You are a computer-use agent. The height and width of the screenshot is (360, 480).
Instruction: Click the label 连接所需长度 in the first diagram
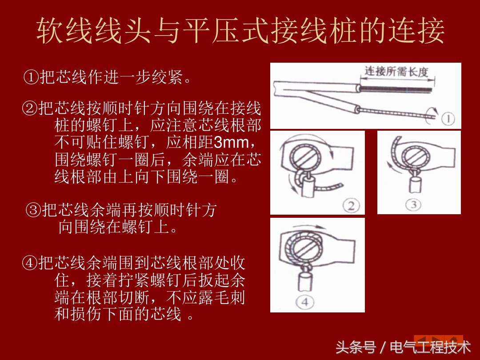tap(396, 72)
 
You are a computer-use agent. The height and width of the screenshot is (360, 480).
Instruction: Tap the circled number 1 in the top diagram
tap(448, 119)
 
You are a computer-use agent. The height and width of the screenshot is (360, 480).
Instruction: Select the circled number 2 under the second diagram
tap(351, 206)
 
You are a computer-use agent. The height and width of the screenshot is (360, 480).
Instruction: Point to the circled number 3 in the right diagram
tap(413, 204)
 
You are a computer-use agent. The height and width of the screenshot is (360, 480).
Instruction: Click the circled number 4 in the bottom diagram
tap(305, 302)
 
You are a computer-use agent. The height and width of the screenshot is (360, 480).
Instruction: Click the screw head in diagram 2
tap(304, 157)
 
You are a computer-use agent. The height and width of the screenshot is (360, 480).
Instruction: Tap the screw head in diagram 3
tap(415, 156)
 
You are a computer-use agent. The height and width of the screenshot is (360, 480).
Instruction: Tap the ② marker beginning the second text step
tap(29, 108)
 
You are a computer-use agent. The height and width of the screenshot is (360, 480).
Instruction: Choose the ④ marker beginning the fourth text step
tap(29, 263)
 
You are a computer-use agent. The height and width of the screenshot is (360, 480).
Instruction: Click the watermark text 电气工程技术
tap(430, 347)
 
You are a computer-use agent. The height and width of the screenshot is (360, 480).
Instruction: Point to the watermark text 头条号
tap(356, 347)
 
